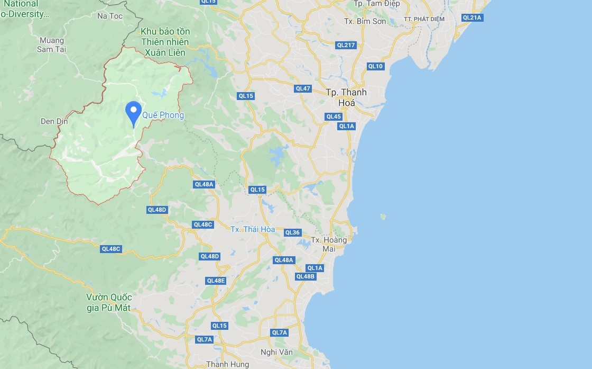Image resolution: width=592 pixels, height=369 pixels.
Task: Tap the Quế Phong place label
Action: click(163, 115)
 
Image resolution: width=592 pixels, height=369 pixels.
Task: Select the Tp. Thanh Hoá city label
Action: click(346, 97)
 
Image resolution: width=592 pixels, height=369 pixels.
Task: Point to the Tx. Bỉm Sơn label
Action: click(365, 22)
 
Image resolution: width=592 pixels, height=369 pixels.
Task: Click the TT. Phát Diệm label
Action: click(424, 19)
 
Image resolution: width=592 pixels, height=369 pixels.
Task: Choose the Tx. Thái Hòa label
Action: click(253, 229)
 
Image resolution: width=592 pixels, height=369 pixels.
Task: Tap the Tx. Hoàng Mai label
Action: click(329, 244)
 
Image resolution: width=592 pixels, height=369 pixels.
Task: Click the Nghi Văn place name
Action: click(276, 352)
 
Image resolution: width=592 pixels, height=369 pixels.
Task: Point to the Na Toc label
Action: click(110, 16)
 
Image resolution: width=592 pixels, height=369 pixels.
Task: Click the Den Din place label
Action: click(54, 121)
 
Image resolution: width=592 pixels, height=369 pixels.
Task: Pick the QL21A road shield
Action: click(472, 17)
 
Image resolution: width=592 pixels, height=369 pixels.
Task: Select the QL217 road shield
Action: click(346, 45)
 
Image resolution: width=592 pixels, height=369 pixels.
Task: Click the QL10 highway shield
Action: click(375, 66)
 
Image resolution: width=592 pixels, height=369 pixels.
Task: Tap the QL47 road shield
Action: click(303, 88)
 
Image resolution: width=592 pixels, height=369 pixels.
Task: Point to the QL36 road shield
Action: click(292, 232)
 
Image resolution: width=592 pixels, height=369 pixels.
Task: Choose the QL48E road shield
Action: click(216, 281)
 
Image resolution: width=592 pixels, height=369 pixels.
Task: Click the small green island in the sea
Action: click(383, 217)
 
